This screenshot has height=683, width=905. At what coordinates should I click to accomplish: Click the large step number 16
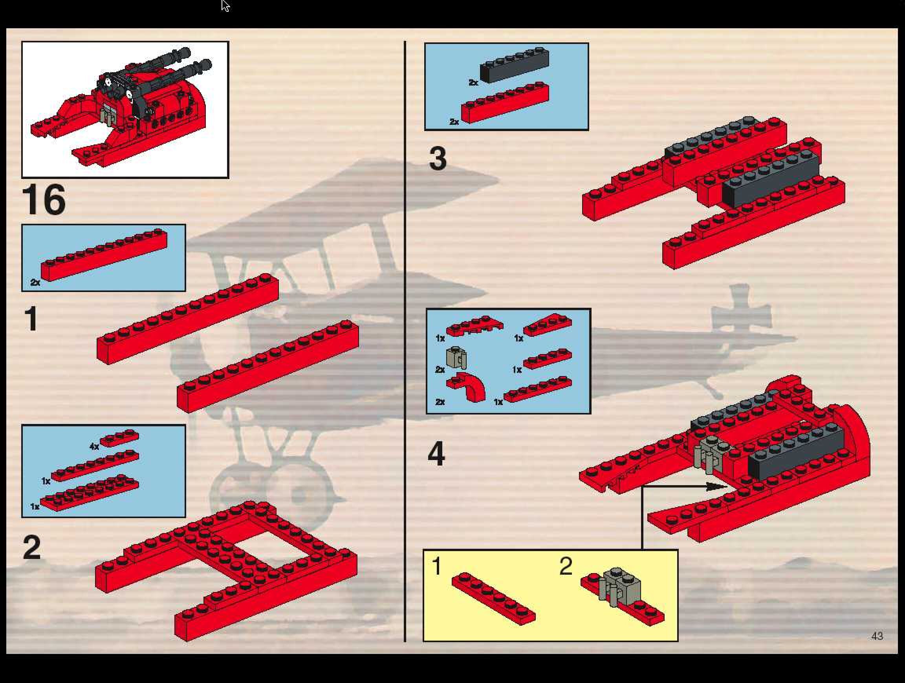[44, 200]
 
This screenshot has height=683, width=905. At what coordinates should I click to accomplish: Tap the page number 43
[877, 636]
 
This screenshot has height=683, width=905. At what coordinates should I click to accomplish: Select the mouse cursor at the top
[225, 6]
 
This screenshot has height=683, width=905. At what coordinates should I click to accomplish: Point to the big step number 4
[436, 454]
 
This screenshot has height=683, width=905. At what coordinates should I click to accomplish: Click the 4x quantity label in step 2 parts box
[94, 446]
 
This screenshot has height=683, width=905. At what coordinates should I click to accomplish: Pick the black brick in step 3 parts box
[515, 65]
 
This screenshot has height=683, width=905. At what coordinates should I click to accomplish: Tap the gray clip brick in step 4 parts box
[456, 358]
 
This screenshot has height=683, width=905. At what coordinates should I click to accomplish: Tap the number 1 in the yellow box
[436, 566]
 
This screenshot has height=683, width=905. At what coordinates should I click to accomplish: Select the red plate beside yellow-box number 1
[493, 598]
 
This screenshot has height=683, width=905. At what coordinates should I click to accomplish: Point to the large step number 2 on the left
[32, 548]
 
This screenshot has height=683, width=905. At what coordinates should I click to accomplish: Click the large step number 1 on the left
[31, 319]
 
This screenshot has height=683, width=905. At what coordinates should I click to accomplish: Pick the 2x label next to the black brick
[473, 82]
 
